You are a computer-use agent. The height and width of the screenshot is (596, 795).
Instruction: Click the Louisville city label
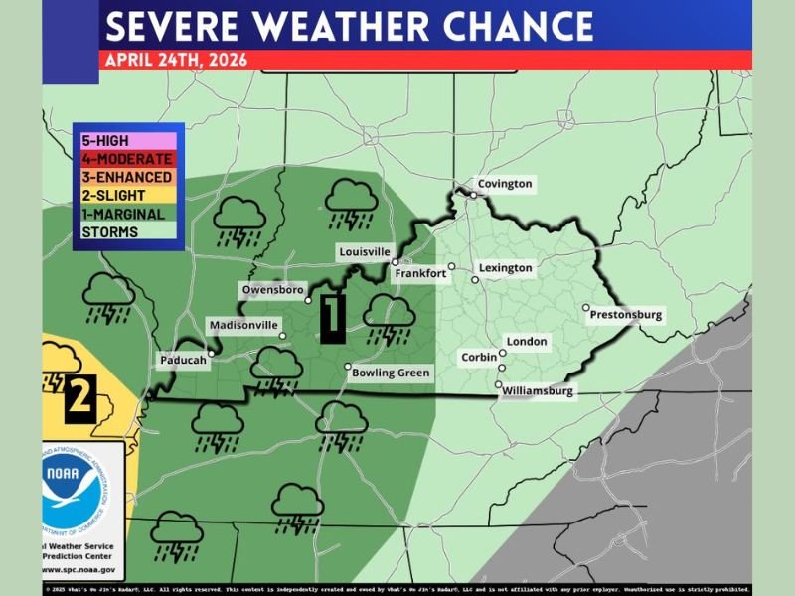click(365, 252)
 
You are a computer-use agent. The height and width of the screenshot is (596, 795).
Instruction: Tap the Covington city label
click(505, 184)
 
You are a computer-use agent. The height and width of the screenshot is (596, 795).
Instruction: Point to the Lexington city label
click(505, 268)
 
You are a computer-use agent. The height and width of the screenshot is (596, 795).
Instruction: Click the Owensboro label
click(272, 290)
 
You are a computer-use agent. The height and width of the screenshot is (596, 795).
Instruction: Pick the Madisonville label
click(244, 325)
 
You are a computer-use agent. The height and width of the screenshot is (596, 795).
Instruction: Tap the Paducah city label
click(182, 361)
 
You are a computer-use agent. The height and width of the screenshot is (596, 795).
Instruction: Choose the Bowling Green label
click(391, 373)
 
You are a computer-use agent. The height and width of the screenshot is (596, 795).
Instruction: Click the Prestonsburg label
click(625, 315)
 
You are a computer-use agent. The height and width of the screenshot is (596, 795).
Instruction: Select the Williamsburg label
click(538, 391)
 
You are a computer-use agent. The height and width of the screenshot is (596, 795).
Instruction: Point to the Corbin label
click(479, 357)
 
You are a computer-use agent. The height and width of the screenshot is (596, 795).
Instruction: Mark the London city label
click(527, 342)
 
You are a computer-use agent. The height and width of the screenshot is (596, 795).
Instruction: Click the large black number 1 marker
click(332, 317)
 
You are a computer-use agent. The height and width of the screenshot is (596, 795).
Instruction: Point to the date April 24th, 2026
click(175, 59)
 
